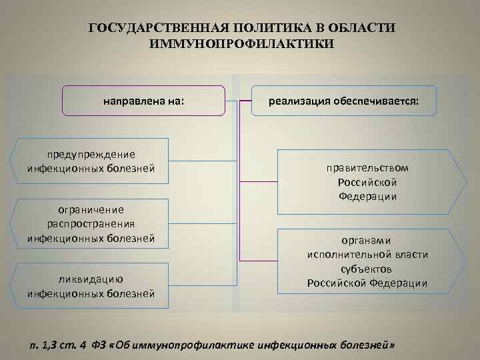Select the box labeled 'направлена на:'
point(143,101)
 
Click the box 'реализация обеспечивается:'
point(343,101)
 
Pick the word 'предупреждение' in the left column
point(91,154)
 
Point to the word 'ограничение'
point(91,210)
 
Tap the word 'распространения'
point(91,224)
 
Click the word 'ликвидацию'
point(91,279)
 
